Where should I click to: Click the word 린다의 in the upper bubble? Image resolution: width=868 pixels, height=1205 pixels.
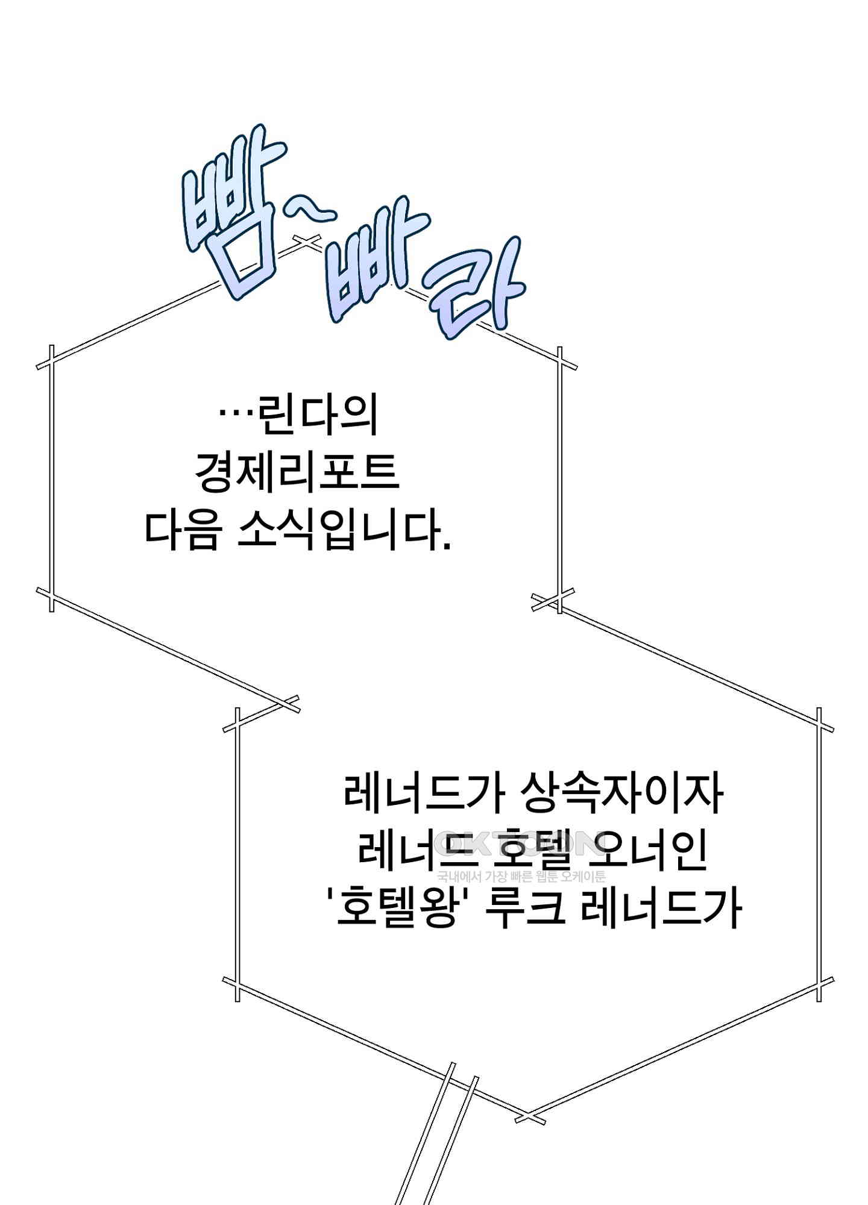(317, 415)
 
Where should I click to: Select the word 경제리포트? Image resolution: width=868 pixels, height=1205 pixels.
(297, 472)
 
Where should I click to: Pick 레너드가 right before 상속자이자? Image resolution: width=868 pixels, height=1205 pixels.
(423, 794)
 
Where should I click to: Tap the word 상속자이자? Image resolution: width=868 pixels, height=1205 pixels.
(621, 794)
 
